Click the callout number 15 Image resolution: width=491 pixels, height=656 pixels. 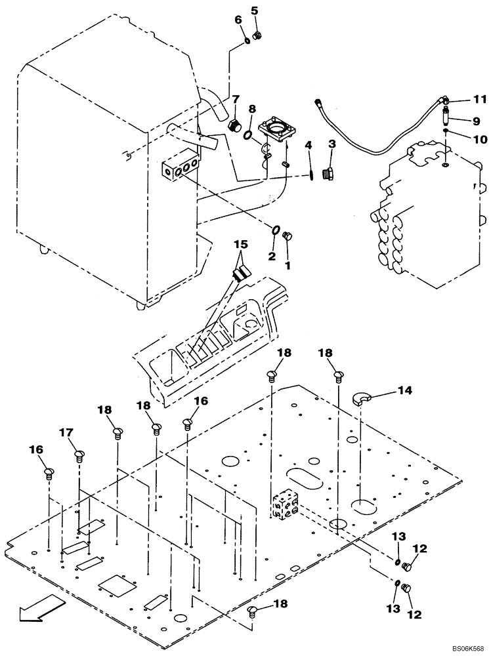[x=242, y=244]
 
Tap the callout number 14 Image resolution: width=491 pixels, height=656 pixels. [x=405, y=391]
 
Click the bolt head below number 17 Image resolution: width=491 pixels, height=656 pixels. [x=79, y=454]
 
